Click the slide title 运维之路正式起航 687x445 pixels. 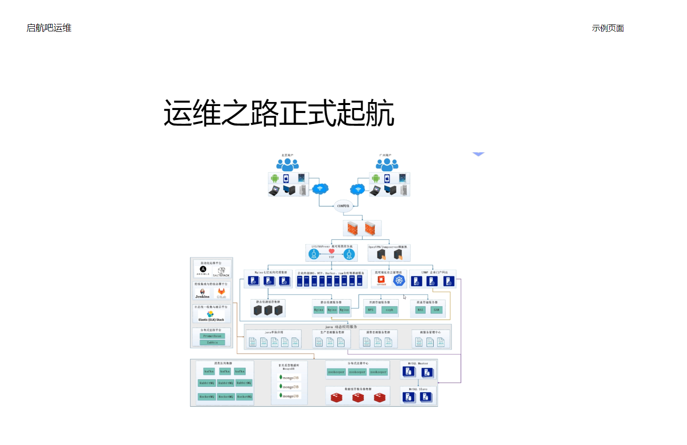click(x=279, y=113)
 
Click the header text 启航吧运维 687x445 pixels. click(x=49, y=28)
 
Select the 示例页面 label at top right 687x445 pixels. click(x=608, y=28)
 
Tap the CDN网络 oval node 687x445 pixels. click(x=343, y=206)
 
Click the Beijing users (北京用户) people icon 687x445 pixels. click(x=288, y=164)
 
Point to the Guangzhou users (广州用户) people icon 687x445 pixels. click(x=387, y=164)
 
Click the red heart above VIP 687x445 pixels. click(x=332, y=251)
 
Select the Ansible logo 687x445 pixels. click(x=203, y=269)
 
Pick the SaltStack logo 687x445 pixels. click(x=221, y=271)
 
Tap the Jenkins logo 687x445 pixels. click(x=202, y=293)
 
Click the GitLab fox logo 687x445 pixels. click(x=221, y=292)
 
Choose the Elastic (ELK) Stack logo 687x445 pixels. click(x=211, y=316)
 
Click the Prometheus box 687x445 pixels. click(x=212, y=336)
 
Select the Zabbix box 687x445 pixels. click(x=212, y=342)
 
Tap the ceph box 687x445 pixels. click(x=389, y=310)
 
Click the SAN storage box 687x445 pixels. click(x=436, y=310)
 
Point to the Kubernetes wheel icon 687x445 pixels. click(x=399, y=280)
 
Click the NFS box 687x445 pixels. click(x=370, y=310)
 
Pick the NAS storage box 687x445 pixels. click(x=420, y=310)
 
